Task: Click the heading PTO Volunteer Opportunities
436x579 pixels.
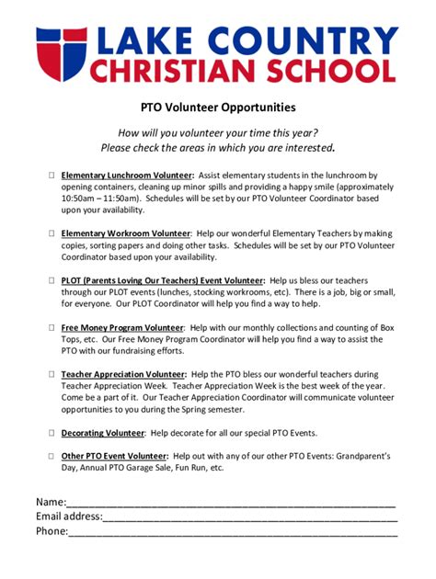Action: click(x=217, y=108)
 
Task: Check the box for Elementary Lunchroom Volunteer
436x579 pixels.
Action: click(x=52, y=175)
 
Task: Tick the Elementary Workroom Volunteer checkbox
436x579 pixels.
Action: click(x=52, y=233)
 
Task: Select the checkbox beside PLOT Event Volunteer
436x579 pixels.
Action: click(x=52, y=279)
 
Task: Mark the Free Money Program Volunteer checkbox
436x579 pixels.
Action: click(x=52, y=326)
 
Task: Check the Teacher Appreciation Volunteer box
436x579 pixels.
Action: click(x=52, y=374)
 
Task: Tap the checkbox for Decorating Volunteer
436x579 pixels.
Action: click(x=52, y=432)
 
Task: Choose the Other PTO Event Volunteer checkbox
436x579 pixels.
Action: click(x=52, y=455)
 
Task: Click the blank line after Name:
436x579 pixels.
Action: click(x=230, y=503)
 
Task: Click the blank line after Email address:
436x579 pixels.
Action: click(x=248, y=517)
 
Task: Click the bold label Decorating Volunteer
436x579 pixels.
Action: click(x=103, y=432)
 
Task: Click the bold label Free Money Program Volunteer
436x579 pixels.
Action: click(x=122, y=326)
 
